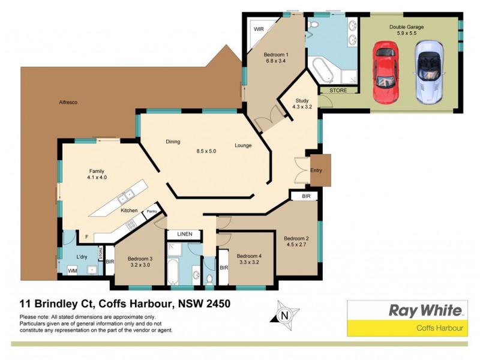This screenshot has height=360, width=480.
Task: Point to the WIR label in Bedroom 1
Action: coord(260,29)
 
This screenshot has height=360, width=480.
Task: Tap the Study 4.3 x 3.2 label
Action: coord(302,104)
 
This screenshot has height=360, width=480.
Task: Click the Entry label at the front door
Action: coord(316,170)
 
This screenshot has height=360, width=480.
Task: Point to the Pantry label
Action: coord(152,211)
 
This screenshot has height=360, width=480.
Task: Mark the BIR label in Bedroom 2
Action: coord(305,196)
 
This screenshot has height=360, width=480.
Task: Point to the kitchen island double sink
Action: coord(127,196)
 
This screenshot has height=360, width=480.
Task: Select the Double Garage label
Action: coord(407,26)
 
